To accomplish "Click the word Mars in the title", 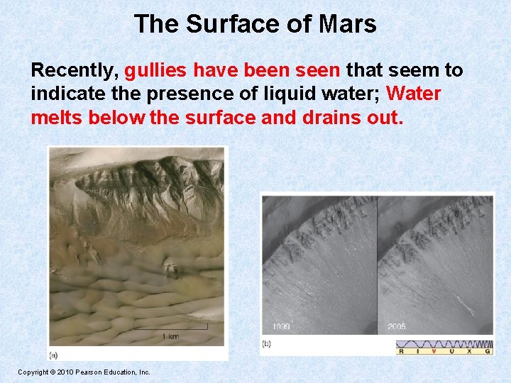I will pos(348,24).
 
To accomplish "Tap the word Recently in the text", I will pos(75,70).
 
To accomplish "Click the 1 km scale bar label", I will pos(170,335).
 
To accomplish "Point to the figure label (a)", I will pos(54,355).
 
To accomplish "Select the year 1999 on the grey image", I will pos(282,327).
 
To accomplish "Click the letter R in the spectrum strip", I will pos(402,350).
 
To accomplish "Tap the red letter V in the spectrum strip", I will pos(434,350).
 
